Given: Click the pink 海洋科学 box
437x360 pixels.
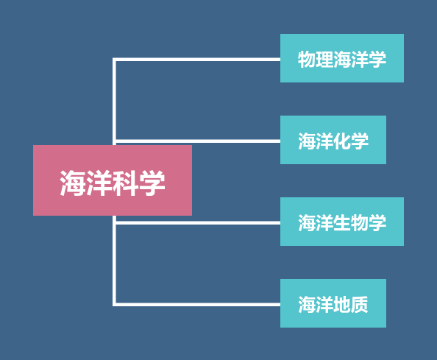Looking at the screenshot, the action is [113, 180].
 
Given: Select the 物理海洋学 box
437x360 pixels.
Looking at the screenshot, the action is [342, 58].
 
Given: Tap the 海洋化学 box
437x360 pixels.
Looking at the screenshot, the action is [333, 140].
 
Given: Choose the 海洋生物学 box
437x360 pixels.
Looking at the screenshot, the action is [342, 222].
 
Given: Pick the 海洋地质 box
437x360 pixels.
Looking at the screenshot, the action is [333, 303].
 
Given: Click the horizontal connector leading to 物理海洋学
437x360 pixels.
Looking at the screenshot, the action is [196, 60].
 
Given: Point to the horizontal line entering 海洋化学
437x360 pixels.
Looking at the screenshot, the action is [196, 141].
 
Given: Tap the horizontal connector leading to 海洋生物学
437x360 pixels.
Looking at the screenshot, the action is [196, 223].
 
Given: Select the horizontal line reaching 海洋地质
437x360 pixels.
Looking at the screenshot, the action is [196, 305].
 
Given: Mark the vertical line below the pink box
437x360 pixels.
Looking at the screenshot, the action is [114, 261].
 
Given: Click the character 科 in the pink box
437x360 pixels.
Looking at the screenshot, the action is [126, 183].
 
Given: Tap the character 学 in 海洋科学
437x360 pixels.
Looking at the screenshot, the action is [152, 183].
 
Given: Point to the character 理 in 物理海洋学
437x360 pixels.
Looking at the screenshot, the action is [324, 59].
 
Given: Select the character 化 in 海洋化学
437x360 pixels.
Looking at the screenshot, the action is [342, 141].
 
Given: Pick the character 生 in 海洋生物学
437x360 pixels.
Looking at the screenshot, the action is [342, 222].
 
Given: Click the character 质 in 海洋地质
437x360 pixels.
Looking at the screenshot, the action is [360, 304].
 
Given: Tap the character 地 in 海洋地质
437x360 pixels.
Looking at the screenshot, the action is [342, 304].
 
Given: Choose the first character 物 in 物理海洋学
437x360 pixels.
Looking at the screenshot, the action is [307, 59].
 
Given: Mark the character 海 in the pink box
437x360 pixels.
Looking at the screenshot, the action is [73, 183].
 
